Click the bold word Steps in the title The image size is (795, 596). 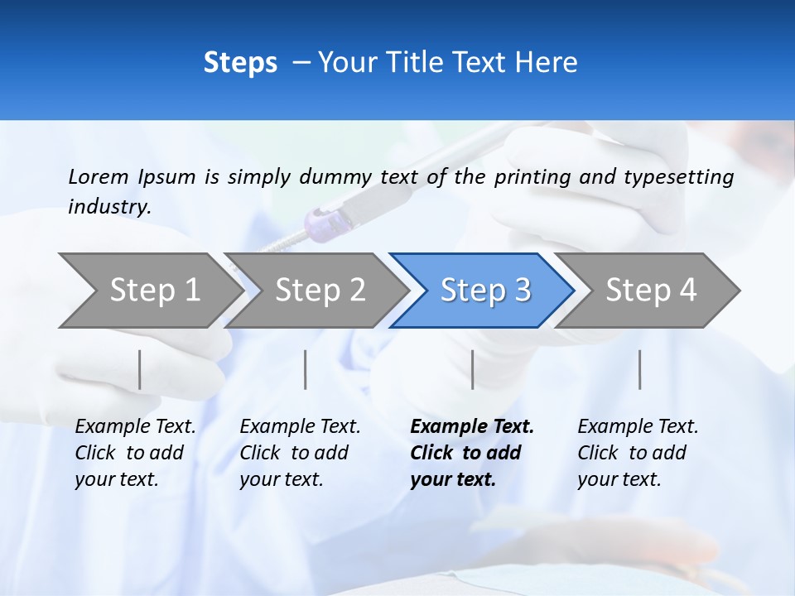[x=240, y=63]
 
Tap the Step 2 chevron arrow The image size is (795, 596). [x=319, y=290]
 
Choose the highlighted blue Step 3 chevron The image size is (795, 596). [x=484, y=290]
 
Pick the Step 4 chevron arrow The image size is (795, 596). [x=650, y=290]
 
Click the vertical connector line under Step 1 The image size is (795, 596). [x=140, y=369]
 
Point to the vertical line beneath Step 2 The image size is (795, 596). [x=306, y=369]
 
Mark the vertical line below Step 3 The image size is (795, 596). [x=472, y=369]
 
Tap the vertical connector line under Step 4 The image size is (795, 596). [x=639, y=369]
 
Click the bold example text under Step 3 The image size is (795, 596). [x=472, y=453]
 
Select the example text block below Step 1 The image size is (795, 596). [x=135, y=453]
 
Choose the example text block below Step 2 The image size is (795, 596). [x=300, y=453]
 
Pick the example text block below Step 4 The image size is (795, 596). [x=638, y=453]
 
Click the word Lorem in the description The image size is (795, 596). [x=98, y=176]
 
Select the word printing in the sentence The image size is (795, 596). [x=532, y=177]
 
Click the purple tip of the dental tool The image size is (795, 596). [x=318, y=222]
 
